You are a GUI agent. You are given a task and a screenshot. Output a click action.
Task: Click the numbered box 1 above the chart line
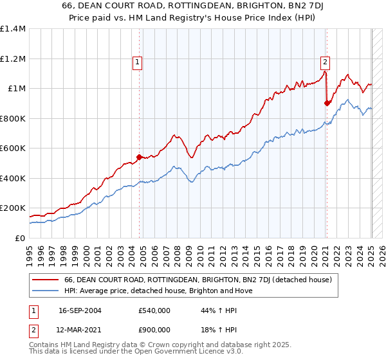click(138, 62)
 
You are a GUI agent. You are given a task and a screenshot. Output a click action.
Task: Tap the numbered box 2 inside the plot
click(325, 62)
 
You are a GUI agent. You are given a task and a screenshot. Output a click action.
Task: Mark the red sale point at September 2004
click(139, 157)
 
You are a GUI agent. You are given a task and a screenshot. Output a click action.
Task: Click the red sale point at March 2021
click(327, 103)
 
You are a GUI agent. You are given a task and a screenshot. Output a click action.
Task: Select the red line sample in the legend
click(46, 280)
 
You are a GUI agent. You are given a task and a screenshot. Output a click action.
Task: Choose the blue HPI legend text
click(158, 291)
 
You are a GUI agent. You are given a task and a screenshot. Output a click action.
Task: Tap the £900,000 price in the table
click(154, 329)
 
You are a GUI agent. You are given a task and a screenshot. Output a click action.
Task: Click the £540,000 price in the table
click(154, 310)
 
